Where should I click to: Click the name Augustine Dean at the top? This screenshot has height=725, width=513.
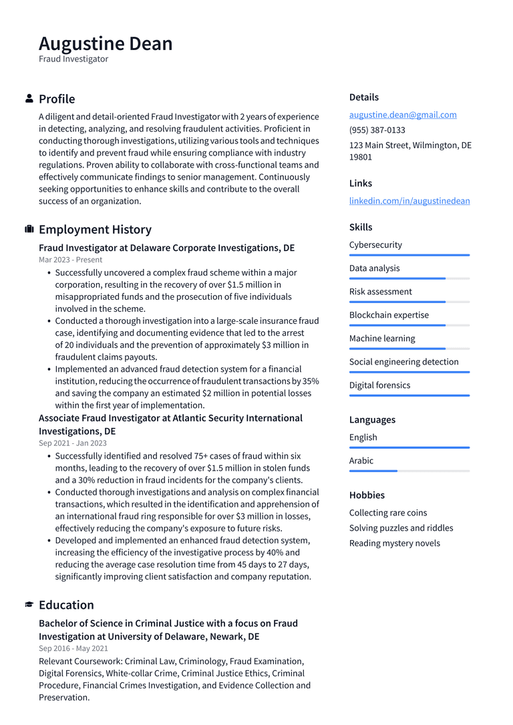(x=106, y=43)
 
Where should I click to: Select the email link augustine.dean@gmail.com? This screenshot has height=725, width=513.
(x=403, y=115)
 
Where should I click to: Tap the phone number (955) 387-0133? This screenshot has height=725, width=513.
(x=377, y=130)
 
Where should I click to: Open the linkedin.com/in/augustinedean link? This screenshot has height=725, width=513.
(x=409, y=201)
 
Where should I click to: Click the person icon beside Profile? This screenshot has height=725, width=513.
(x=29, y=99)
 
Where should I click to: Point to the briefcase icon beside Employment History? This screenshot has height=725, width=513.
(x=29, y=230)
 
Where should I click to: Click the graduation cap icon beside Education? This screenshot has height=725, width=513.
(x=29, y=605)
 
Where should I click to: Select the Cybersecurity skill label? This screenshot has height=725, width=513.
(x=375, y=245)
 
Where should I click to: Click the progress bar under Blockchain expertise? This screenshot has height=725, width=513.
(x=409, y=325)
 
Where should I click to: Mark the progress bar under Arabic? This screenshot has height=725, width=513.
(x=409, y=471)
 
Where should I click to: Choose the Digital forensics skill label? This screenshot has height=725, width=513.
(x=379, y=385)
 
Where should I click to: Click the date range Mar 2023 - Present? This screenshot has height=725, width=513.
(x=70, y=260)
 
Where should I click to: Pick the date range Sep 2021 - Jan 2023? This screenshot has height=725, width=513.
(x=72, y=443)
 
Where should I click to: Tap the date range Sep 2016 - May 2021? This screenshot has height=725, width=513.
(x=73, y=648)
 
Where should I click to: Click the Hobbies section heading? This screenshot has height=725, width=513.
(x=367, y=495)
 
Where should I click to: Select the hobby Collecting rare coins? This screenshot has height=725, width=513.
(x=388, y=513)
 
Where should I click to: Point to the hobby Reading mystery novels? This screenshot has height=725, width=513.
(x=395, y=543)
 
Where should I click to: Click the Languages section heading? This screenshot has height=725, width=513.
(x=372, y=420)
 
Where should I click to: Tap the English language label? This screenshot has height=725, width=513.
(x=363, y=437)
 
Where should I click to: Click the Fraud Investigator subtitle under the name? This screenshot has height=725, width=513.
(x=73, y=59)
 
